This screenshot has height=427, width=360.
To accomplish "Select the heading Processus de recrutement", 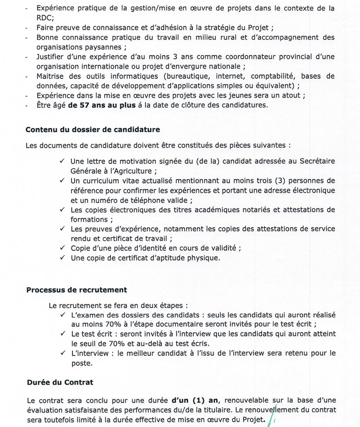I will coord(76,290).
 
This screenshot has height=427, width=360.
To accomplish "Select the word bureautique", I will coord(168,76).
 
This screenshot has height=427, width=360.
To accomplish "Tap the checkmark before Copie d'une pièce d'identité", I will coord(62,248).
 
